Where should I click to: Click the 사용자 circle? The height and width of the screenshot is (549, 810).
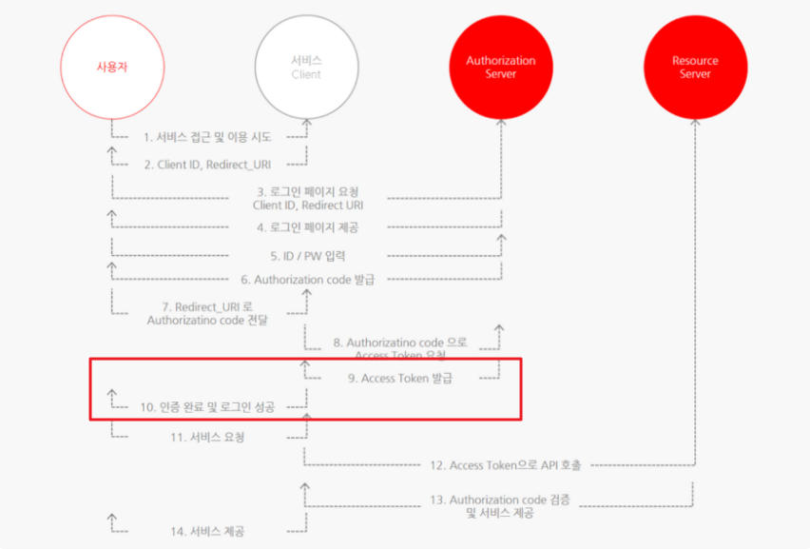[x=111, y=67]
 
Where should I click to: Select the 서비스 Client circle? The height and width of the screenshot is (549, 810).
[x=306, y=67]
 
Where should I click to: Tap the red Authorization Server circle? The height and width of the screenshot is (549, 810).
[x=500, y=67]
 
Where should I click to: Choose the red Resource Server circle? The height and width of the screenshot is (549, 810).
[x=695, y=67]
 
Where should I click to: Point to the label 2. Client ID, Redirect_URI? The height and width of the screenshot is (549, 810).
[x=208, y=165]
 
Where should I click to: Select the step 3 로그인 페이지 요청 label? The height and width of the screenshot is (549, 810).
[x=307, y=198]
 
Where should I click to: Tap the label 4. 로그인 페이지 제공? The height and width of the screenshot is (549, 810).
[x=307, y=227]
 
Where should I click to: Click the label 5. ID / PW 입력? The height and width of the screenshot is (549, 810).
[x=307, y=255]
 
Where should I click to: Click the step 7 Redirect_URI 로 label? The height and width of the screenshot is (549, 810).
[x=207, y=314]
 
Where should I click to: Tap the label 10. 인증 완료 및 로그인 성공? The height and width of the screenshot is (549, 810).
[x=207, y=407]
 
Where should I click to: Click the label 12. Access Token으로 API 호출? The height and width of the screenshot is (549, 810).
[x=505, y=465]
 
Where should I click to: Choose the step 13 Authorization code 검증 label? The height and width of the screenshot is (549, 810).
[x=500, y=506]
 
